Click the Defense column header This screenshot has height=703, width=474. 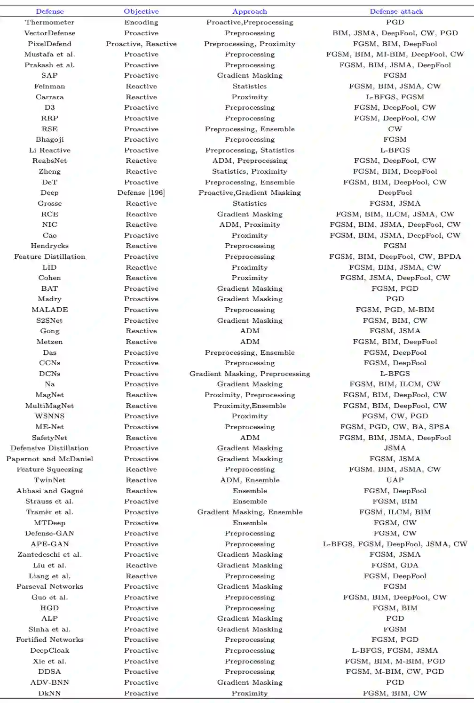tap(49, 11)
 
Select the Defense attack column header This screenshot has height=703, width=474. tap(396, 11)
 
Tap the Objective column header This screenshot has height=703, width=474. tap(141, 11)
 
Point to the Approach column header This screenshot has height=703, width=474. tap(250, 11)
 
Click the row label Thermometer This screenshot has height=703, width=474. tap(49, 22)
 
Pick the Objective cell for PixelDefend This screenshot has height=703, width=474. tap(141, 44)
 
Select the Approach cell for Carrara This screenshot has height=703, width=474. tap(250, 97)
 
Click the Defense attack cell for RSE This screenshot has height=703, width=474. tap(395, 129)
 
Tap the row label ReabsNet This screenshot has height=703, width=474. tap(49, 160)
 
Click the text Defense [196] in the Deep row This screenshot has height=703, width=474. tap(141, 192)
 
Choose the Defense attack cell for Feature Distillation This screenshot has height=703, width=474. tap(395, 256)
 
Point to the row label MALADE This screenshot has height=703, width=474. tap(49, 310)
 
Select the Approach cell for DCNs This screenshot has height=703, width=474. tap(250, 374)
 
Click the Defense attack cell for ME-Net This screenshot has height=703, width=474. tap(395, 427)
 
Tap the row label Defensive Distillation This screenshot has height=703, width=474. tap(49, 448)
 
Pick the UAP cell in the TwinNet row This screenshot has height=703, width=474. tap(395, 480)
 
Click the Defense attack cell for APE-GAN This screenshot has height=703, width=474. tap(395, 544)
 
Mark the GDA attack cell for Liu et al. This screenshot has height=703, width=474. tap(395, 565)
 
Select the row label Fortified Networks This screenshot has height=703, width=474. tap(49, 639)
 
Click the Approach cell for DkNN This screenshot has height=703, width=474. tap(250, 693)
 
